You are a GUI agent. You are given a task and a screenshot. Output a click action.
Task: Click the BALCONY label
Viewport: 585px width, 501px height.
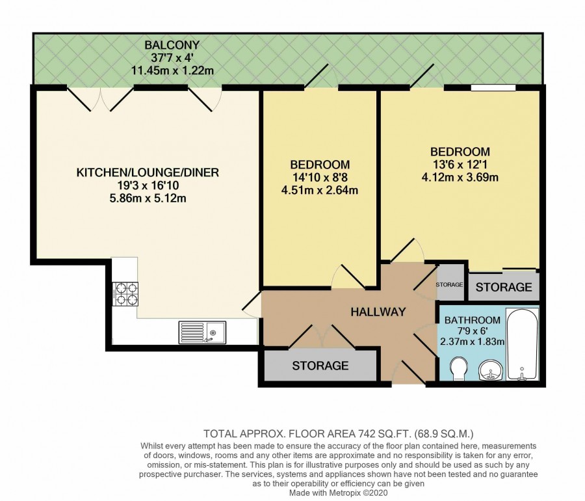pos(172,45)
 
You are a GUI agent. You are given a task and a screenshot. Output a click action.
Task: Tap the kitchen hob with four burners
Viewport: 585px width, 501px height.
pos(125,294)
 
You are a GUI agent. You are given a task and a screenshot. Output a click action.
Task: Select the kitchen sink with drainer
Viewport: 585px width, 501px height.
pos(202,332)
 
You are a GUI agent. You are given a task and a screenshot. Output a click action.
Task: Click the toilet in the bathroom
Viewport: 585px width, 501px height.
pos(458,368)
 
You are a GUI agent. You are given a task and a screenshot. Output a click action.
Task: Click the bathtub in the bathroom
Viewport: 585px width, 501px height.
pos(522,344)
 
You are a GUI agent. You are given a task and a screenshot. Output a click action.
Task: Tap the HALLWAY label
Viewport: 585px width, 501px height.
pos(378,312)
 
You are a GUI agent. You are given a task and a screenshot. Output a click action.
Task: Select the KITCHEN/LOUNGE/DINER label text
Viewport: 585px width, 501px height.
pos(148,172)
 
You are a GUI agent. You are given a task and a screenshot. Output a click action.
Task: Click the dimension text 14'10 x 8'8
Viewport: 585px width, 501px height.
pos(320,178)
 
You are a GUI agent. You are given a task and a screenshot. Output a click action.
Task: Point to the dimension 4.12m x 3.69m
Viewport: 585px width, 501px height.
pos(460,177)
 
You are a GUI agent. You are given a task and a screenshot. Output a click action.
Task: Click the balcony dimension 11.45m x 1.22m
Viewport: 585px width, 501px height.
pos(172,70)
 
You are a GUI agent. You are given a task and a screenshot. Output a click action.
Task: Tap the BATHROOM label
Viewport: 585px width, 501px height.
pos(473,320)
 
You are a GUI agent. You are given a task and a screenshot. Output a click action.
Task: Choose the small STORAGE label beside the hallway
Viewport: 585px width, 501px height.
pos(450,284)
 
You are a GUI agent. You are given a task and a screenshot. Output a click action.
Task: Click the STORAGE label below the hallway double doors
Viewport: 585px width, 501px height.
pos(320,366)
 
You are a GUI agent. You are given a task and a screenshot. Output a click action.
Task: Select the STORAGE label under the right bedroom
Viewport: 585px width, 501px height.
pos(504,287)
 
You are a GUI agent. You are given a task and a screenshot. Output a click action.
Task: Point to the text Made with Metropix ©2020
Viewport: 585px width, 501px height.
pos(339,493)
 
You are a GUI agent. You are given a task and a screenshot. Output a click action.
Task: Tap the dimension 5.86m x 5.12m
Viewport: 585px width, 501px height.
pos(148,198)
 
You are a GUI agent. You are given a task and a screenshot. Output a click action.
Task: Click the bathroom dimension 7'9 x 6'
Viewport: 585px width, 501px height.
pos(473,331)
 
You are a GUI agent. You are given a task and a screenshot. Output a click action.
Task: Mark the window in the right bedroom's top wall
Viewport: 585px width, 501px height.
pos(493,88)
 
